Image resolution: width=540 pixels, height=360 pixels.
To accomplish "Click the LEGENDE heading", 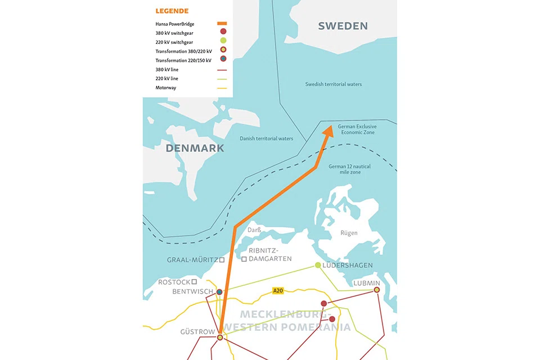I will point(172,11).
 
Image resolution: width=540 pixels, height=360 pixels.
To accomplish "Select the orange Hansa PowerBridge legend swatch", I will point(222,24).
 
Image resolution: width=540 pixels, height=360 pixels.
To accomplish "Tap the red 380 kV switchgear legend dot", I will point(223,32).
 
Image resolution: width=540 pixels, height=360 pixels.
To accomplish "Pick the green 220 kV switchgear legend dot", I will point(223,42).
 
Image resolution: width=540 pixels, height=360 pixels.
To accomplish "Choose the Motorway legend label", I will point(166,88).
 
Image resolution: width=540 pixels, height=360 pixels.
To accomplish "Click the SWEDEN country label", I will point(343,26).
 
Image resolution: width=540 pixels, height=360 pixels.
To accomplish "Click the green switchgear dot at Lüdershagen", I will point(318,265).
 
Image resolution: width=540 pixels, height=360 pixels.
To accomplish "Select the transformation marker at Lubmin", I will point(377,290).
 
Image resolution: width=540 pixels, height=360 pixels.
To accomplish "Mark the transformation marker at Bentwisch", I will point(219,292).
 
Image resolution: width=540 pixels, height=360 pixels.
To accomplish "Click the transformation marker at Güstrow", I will point(220,337).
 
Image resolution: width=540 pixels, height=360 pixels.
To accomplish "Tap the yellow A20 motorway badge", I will point(278,291).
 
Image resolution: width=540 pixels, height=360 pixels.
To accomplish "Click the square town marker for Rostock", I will point(194,281).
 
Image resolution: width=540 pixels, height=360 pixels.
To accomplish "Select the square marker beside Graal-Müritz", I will point(222,260).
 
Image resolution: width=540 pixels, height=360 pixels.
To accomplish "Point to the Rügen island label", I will point(349,233).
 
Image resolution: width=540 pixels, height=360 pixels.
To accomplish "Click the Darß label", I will point(255,230).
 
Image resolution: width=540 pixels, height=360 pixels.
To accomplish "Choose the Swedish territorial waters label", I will point(333,84).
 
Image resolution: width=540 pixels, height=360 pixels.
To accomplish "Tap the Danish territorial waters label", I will point(266,138).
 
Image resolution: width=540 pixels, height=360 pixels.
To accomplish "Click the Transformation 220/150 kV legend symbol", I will point(223,60).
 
